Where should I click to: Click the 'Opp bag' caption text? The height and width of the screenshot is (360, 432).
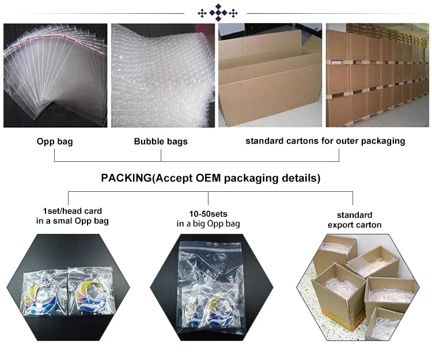(55, 142)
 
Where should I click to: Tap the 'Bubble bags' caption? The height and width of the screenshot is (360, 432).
(161, 141)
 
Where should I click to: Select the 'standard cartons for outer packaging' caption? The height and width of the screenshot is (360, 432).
(325, 141)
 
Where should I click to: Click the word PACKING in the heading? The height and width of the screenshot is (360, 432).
(126, 178)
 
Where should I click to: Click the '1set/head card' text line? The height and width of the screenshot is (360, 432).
(73, 211)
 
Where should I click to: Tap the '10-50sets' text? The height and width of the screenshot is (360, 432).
(209, 214)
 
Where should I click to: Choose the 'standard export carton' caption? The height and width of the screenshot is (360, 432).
(355, 220)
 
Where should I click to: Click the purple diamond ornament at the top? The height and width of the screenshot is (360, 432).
(218, 13)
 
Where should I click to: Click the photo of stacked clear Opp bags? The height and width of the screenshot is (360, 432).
(55, 75)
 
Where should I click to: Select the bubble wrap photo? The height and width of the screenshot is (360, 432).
(163, 75)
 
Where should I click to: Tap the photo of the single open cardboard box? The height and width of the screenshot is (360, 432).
(270, 75)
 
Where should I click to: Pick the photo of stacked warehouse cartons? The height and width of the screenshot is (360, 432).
(377, 75)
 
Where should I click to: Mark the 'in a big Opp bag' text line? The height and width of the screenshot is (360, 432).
(209, 223)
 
